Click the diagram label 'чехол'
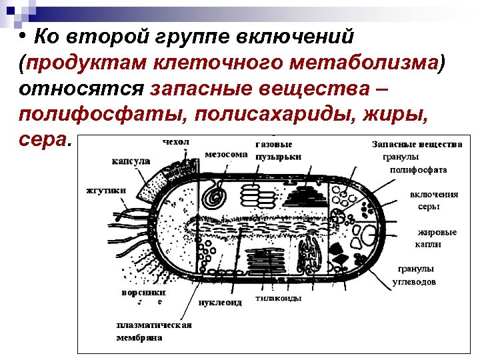tap(176, 141)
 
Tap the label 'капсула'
tap(131, 161)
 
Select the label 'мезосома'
tap(226, 153)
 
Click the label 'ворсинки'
tap(143, 292)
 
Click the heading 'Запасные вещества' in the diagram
tap(417, 144)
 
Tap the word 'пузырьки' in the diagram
tap(279, 157)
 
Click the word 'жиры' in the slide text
tap(394, 113)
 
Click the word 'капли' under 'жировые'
tap(429, 244)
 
